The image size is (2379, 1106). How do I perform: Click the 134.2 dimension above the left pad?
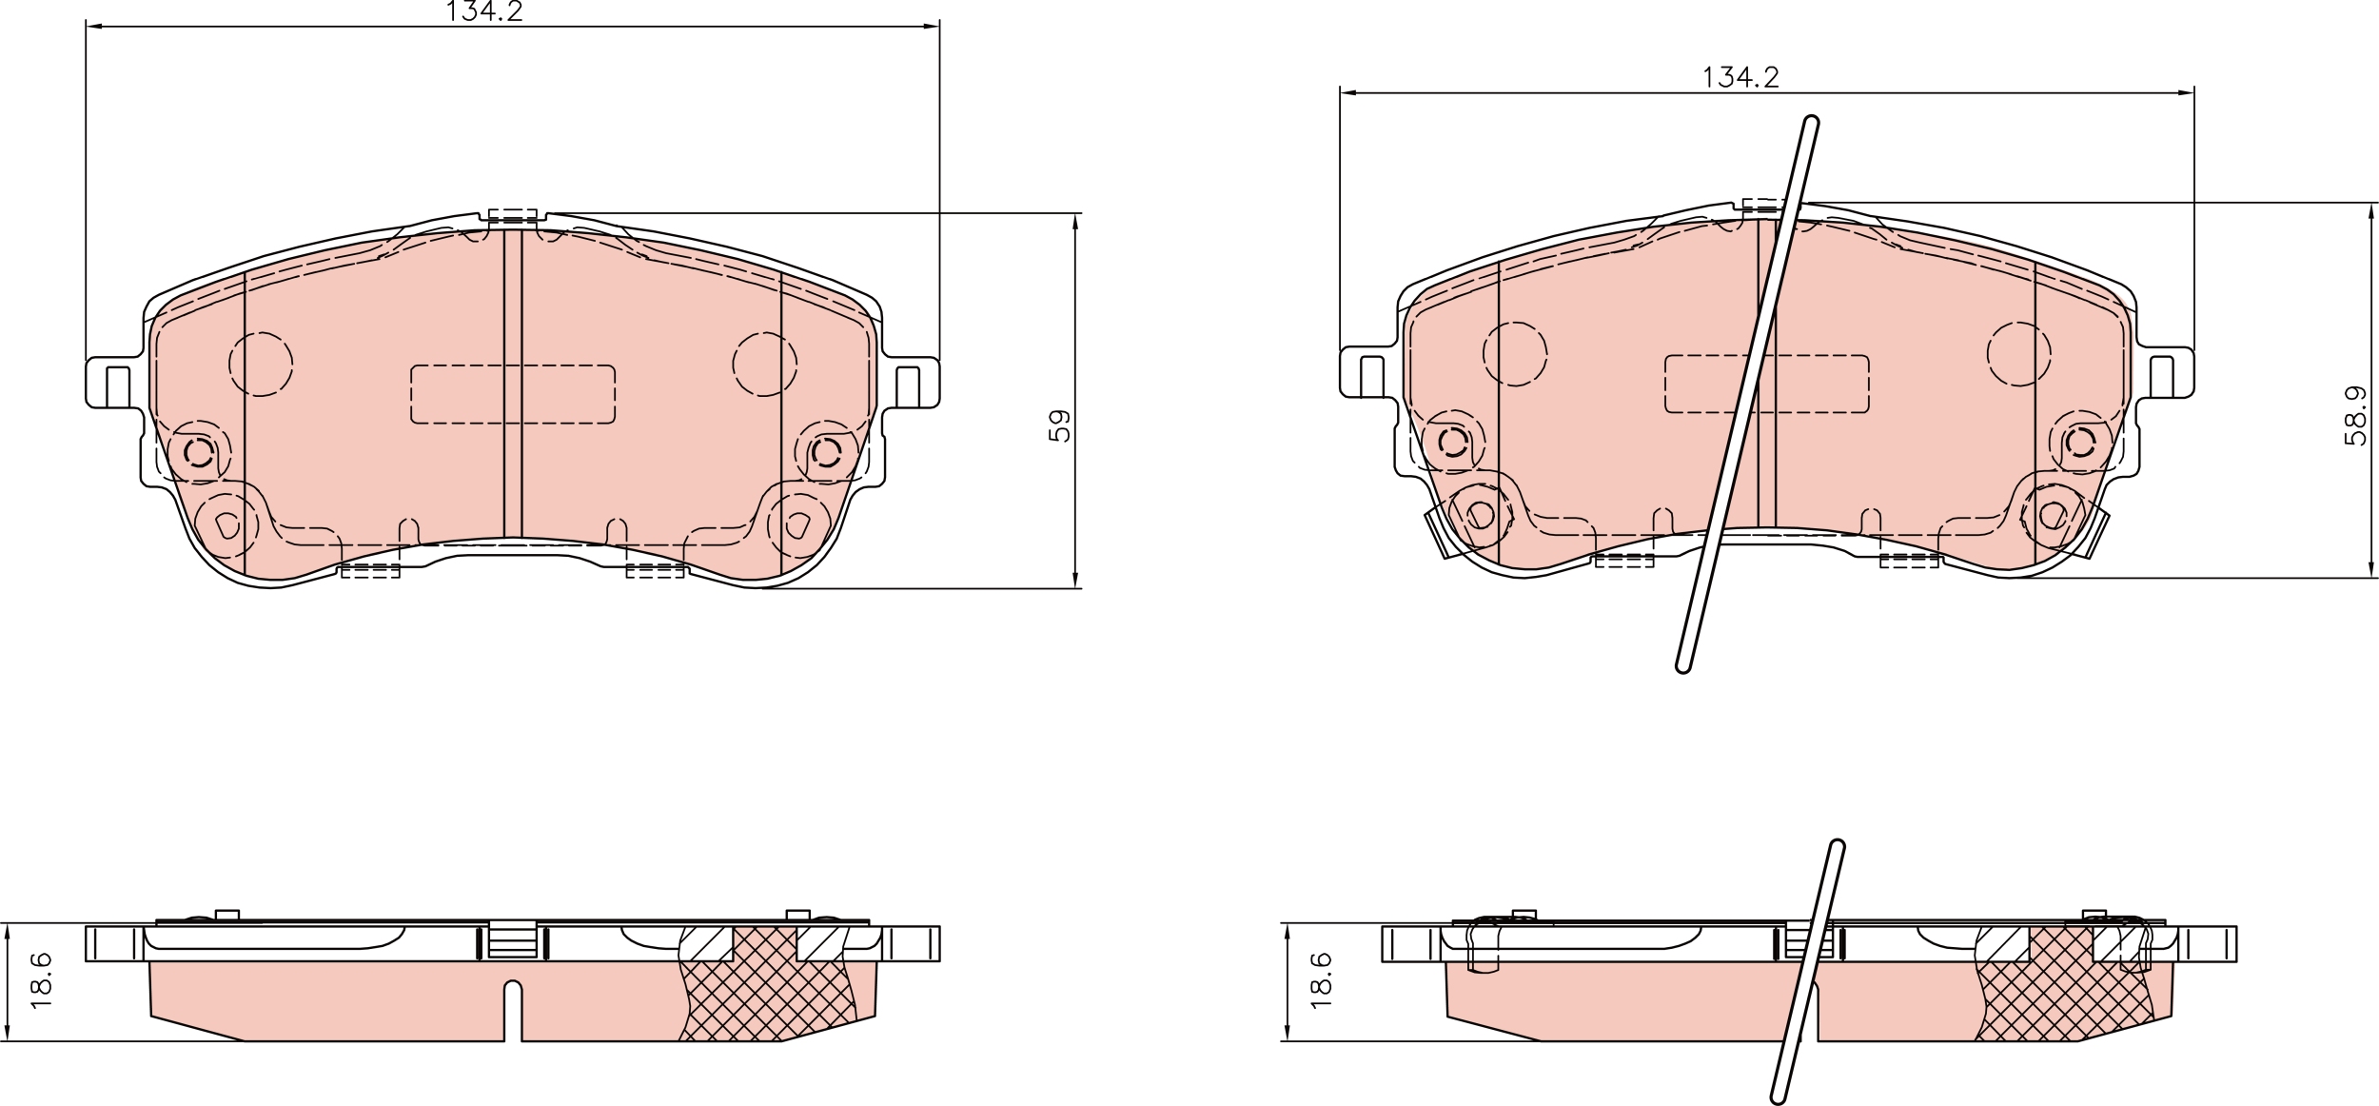484,10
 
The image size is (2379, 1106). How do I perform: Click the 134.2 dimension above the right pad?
1740,77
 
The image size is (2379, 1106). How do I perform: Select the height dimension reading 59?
1059,425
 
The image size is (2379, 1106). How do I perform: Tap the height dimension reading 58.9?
2355,415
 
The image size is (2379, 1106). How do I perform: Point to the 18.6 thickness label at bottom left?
41,980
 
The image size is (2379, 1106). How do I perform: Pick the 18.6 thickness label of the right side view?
1321,980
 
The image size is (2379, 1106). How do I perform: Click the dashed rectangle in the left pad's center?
513,394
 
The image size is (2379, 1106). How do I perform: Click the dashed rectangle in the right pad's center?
1766,384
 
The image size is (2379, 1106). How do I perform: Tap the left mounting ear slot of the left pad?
118,386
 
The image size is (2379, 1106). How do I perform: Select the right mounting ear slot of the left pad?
908,386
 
